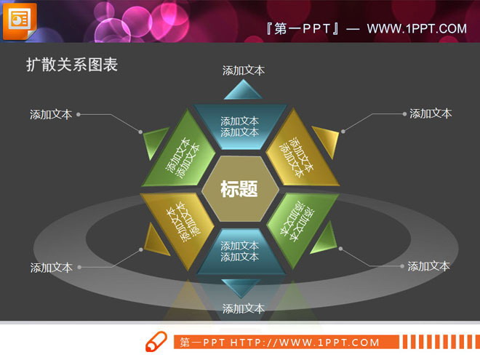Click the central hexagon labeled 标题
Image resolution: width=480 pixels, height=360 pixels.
coord(239,189)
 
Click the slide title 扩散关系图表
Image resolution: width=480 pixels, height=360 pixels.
coord(72,65)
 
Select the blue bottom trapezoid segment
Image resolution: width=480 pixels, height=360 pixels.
coord(239,252)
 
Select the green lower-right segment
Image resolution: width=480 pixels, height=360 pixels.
coord(296,221)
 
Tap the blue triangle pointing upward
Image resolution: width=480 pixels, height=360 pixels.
coord(243,92)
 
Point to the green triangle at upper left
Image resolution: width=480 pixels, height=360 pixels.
coord(154,143)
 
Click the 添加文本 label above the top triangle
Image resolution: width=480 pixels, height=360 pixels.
coord(244,71)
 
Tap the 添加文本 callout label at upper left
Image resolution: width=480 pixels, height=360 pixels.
coord(51,114)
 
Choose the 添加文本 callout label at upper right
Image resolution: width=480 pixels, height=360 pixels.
coord(431,113)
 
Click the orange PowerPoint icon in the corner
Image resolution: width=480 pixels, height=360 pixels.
coord(19,20)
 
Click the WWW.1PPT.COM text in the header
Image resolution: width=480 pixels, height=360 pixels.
coord(416,28)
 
